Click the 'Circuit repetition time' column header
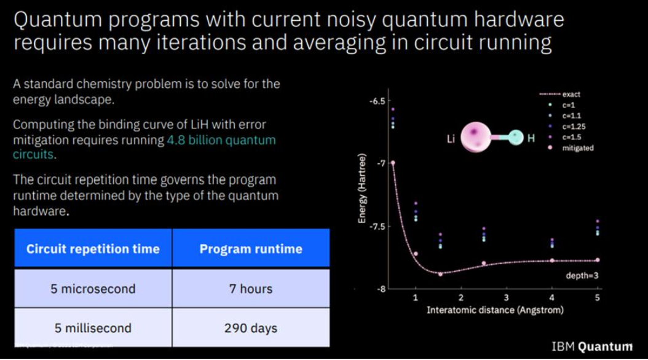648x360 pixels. tap(93, 249)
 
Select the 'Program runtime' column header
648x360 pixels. tap(251, 249)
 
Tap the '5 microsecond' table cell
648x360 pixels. tap(93, 289)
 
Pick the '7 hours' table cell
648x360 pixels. tap(251, 289)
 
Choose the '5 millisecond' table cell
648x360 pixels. tap(93, 328)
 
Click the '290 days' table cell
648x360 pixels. tap(251, 328)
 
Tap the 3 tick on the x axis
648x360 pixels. tap(506, 297)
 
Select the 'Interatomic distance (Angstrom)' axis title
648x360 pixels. tap(495, 310)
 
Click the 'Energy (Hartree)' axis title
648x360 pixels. tap(362, 189)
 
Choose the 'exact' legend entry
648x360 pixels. tap(559, 95)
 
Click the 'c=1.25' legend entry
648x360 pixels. tap(567, 127)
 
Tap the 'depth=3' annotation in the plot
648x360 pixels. tap(582, 275)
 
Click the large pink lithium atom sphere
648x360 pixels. tap(475, 137)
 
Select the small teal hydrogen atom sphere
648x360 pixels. tap(515, 137)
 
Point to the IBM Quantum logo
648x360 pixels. tap(592, 346)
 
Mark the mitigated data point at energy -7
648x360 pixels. tap(393, 163)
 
